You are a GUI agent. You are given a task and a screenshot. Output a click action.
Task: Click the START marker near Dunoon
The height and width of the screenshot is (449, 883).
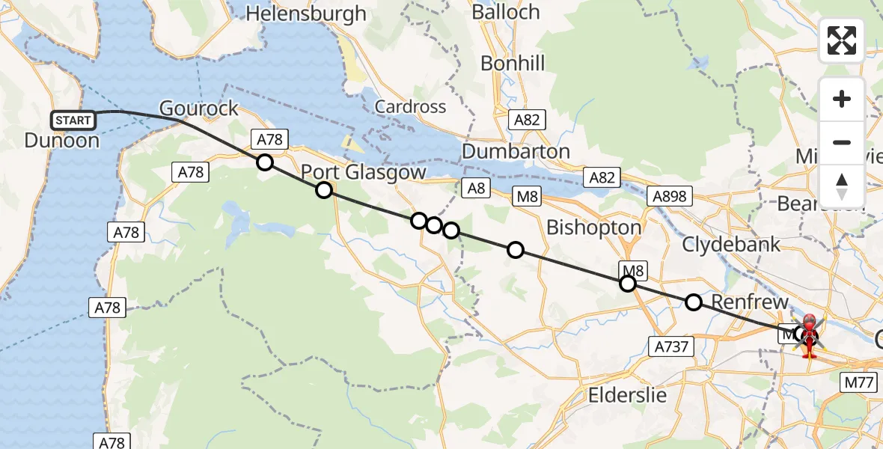[73, 120]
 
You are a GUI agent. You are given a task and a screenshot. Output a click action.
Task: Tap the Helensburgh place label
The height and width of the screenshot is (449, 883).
[305, 13]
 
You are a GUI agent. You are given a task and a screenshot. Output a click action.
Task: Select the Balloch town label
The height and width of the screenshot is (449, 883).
[506, 12]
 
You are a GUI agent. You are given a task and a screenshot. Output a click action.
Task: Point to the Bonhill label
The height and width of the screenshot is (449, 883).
[513, 64]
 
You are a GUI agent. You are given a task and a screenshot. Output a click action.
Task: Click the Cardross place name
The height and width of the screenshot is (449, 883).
[410, 107]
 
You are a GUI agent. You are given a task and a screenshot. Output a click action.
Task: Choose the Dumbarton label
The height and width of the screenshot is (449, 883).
[516, 151]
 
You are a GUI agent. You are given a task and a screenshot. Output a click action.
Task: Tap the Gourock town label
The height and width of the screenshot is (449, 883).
[198, 109]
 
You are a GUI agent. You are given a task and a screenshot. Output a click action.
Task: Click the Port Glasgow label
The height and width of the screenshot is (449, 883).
[364, 172]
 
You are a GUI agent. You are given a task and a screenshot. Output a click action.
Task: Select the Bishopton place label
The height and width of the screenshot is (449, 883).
[594, 227]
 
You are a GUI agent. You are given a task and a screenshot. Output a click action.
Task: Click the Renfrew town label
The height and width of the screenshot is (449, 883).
[750, 302]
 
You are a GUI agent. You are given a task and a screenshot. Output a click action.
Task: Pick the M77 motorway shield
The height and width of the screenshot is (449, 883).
[860, 383]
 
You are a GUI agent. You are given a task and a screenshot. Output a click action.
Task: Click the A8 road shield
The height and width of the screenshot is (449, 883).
[477, 188]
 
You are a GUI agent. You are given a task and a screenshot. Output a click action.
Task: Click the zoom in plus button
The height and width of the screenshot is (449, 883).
[842, 99]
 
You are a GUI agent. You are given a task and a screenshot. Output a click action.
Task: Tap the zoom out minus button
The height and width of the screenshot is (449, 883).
[842, 142]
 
